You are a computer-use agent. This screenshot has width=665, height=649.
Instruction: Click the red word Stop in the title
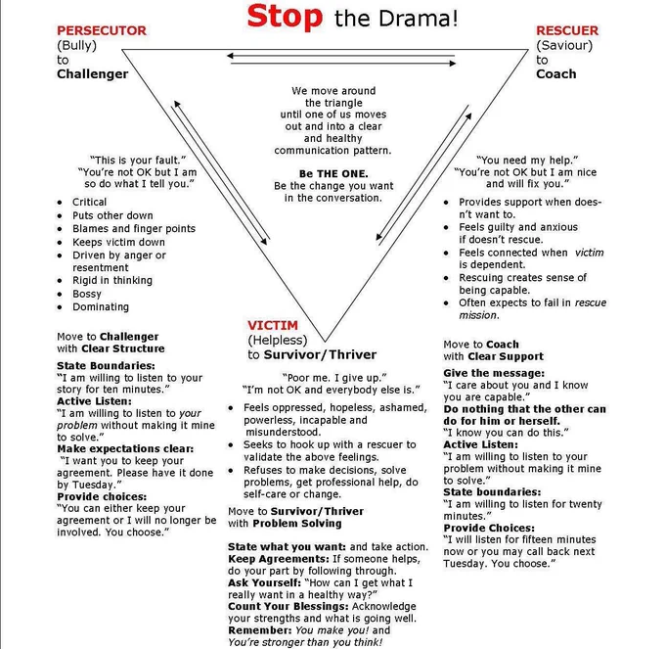coord(285,17)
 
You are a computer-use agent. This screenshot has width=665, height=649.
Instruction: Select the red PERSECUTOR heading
coord(102,30)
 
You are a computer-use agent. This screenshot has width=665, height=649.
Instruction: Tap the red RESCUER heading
coord(567,30)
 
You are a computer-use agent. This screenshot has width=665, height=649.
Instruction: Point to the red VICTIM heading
coord(273,325)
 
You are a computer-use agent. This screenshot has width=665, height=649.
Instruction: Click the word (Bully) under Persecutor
coord(76,45)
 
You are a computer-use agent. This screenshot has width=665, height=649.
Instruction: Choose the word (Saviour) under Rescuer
coord(564,45)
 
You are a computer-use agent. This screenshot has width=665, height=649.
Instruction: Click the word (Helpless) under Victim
coord(278,340)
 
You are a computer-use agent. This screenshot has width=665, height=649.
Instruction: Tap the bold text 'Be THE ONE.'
coord(333,173)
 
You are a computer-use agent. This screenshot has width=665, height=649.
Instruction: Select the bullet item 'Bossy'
coord(87,294)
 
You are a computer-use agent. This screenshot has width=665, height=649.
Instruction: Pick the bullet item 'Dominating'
coord(101,307)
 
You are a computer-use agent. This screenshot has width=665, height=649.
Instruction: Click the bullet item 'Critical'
coord(90,202)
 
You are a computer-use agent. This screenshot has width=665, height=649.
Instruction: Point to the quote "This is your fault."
coord(138,160)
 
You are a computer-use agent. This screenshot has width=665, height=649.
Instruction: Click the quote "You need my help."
coord(527,160)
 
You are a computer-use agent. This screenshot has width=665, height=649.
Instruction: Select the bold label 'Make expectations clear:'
coord(125,448)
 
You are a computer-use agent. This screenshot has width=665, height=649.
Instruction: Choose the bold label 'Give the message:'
coord(494,373)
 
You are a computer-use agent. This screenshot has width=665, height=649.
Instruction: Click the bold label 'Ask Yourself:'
coord(265,582)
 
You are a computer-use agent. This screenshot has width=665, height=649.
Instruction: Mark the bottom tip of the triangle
coord(326,342)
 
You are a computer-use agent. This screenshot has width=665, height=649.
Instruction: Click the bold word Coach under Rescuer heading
coord(556,73)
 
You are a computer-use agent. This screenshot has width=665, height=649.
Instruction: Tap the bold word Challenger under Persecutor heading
coord(93,73)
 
